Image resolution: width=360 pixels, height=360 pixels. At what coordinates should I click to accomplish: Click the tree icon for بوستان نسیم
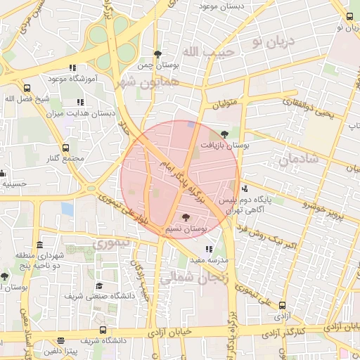186,218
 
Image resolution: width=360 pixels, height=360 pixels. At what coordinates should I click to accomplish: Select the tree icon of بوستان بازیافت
224,133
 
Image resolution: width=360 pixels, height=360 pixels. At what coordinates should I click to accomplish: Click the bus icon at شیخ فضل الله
27,89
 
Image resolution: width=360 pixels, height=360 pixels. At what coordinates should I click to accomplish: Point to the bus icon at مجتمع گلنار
65,148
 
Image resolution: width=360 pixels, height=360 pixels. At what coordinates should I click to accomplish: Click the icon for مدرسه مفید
209,249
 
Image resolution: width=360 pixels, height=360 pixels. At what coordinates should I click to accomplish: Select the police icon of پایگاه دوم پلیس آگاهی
244,188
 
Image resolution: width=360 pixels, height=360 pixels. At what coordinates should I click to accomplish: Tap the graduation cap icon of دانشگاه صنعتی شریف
99,286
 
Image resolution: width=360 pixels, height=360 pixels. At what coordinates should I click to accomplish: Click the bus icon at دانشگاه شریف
103,330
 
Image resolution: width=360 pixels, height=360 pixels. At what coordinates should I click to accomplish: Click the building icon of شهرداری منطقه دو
39,245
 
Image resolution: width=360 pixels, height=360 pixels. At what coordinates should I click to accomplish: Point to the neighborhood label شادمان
299,160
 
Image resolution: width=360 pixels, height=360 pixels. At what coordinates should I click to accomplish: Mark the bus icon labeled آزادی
282,306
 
